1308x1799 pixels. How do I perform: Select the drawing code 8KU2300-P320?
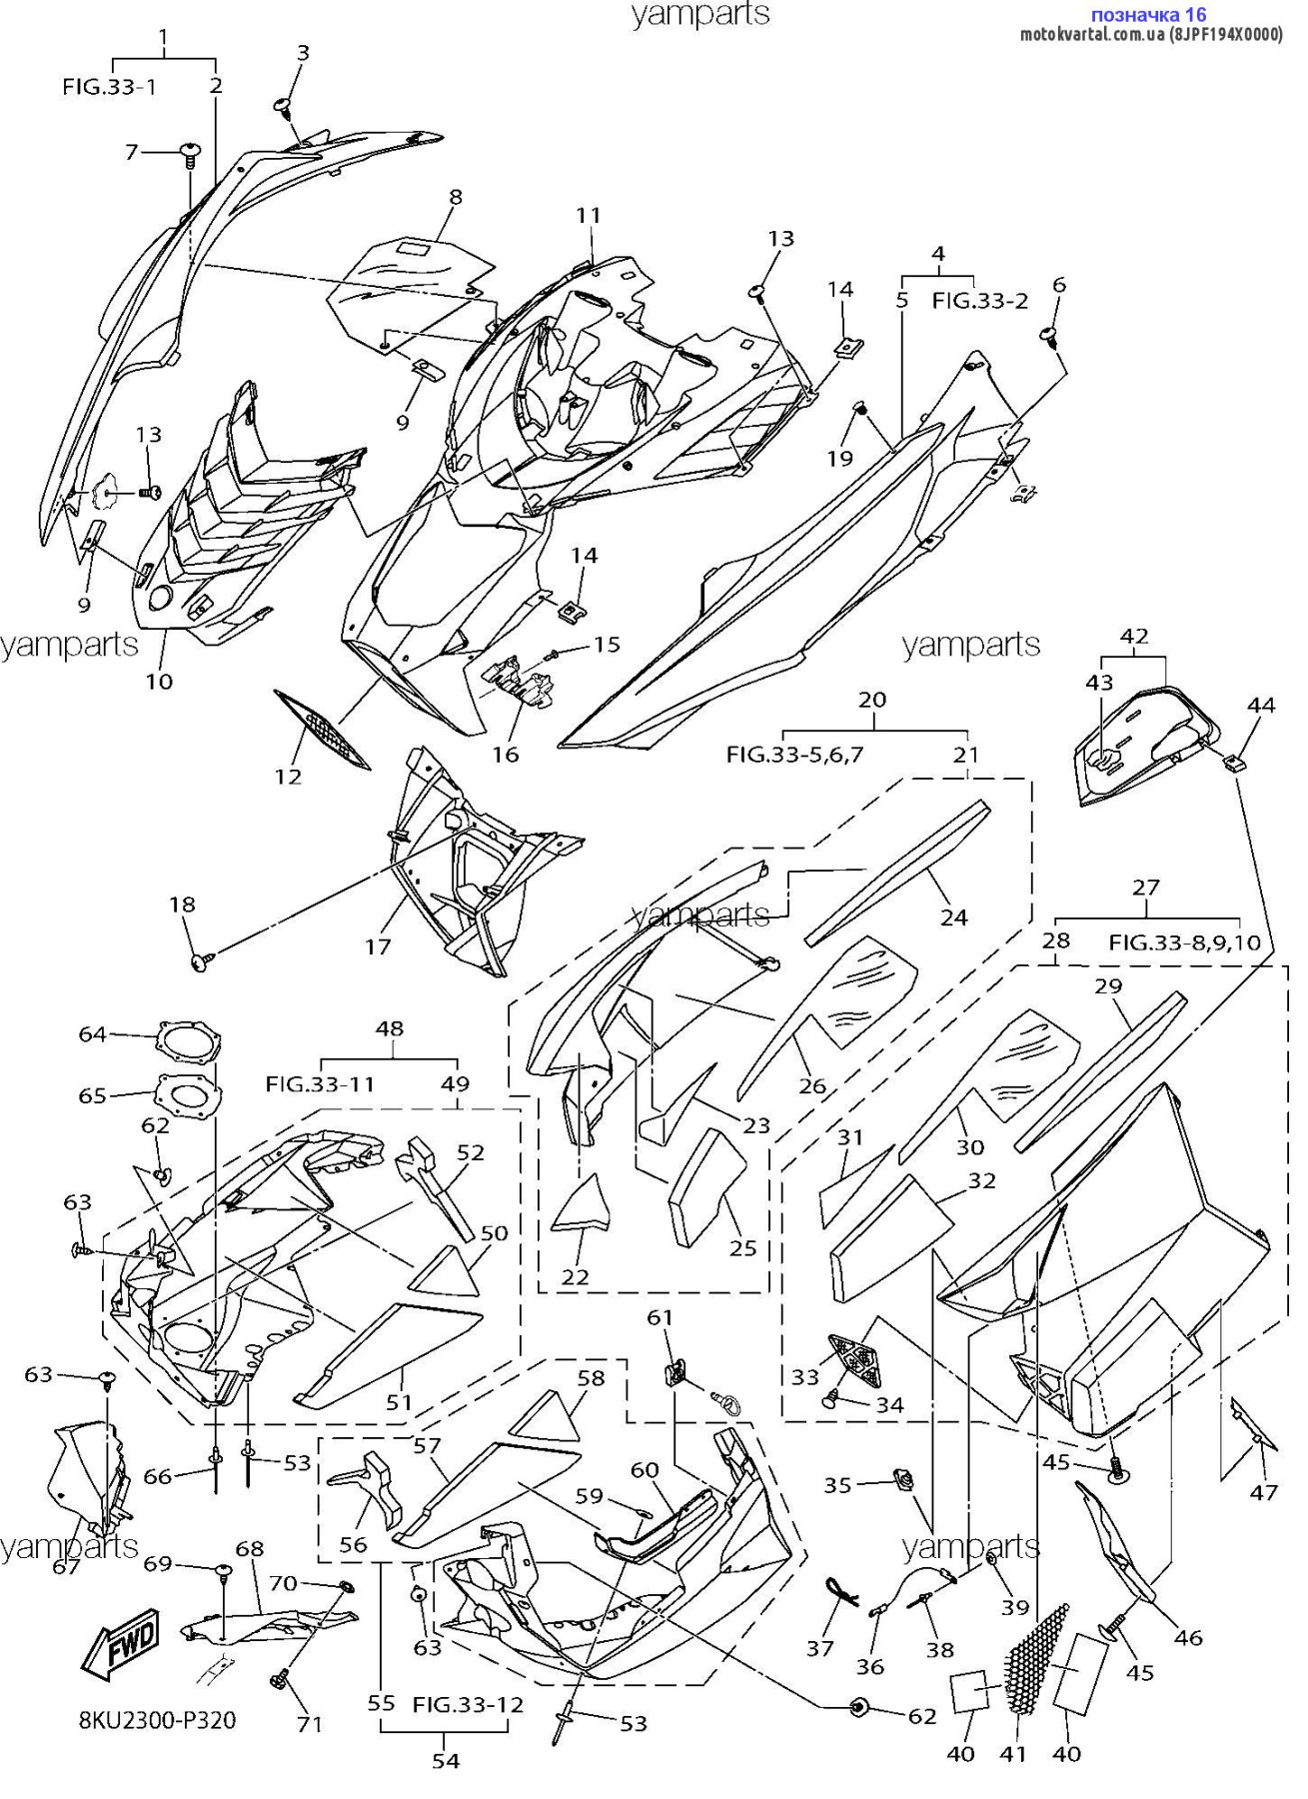pos(157,1720)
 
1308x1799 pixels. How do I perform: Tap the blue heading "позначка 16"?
pos(1148,14)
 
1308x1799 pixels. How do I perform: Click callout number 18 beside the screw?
pos(182,904)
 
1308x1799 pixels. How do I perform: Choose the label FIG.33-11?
pos(319,1083)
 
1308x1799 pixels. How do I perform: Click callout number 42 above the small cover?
pos(1134,636)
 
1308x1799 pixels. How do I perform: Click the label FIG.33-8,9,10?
pos(1184,941)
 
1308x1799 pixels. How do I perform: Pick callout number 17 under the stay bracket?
pos(378,946)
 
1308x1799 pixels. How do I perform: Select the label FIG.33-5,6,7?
pos(794,755)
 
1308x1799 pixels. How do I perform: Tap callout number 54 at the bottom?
pos(446,1761)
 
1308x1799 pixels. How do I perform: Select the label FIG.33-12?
pos(468,1704)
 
